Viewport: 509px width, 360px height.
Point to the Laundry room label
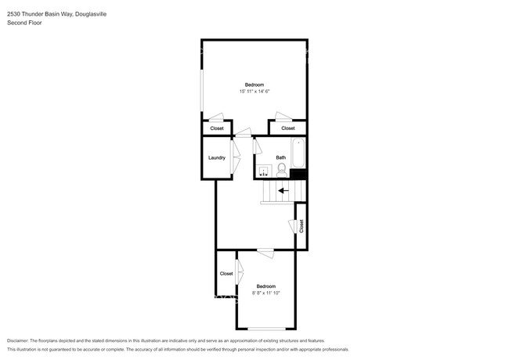(217, 157)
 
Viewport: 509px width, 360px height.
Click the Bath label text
(280, 157)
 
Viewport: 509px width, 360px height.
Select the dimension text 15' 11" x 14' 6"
(254, 92)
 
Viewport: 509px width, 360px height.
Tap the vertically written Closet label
(301, 225)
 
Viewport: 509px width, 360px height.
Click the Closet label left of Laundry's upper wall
(217, 128)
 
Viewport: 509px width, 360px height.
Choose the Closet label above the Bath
(288, 128)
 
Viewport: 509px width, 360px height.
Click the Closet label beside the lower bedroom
(226, 273)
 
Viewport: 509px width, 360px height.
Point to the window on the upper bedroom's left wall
(202, 91)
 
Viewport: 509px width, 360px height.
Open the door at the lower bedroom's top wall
(265, 251)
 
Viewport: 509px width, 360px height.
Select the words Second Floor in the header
(24, 23)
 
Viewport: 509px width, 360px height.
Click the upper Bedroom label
(254, 85)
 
